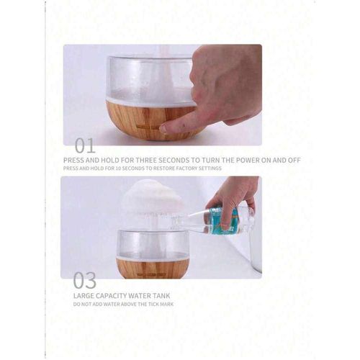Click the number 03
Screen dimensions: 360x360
[x=85, y=280]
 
